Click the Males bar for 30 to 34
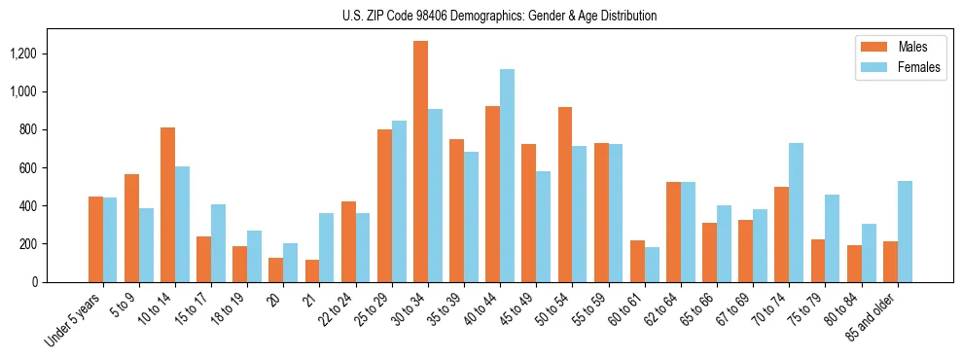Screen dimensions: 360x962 click(420, 162)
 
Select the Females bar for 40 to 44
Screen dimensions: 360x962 click(507, 175)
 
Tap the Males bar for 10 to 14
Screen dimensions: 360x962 click(167, 204)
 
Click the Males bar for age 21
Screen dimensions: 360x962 click(312, 270)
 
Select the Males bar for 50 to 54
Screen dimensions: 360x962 click(565, 195)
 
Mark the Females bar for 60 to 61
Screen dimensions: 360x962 click(652, 265)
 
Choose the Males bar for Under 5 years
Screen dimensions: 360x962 click(95, 239)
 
